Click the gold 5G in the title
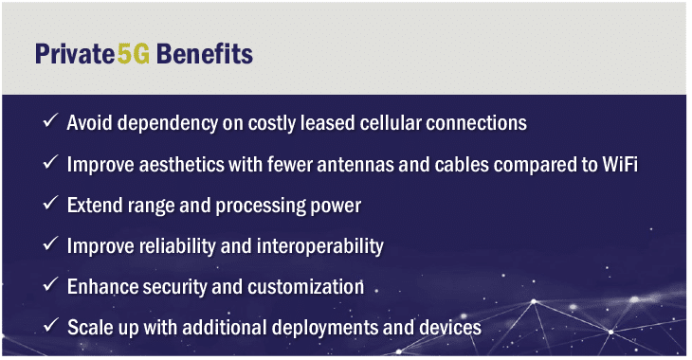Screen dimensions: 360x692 134,54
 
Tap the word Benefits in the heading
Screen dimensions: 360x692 205,54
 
